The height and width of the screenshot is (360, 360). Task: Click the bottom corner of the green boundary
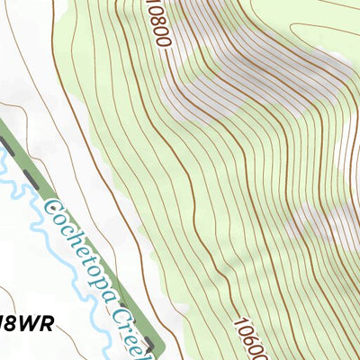(x=159, y=345)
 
